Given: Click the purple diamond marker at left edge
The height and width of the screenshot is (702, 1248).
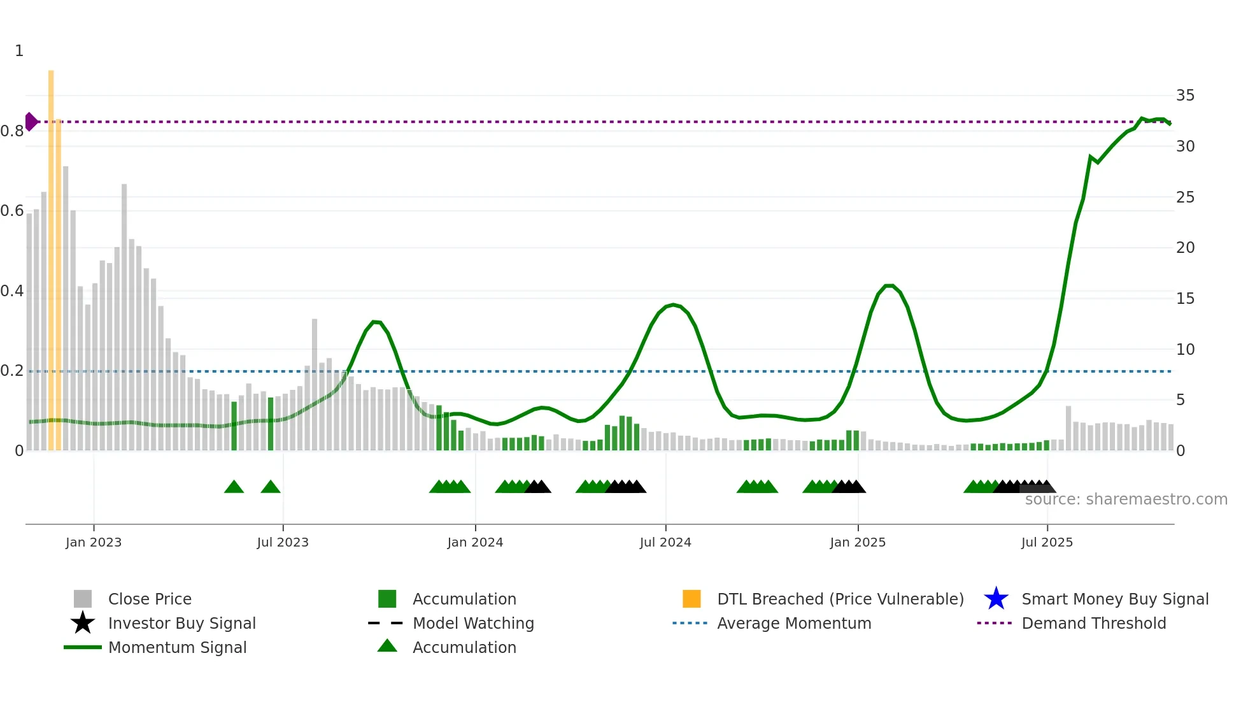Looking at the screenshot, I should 31,121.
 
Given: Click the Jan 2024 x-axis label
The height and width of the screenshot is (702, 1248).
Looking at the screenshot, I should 475,542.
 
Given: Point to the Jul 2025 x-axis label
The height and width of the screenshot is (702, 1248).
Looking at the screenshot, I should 1047,542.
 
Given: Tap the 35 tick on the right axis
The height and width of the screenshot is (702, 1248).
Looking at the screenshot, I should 1185,96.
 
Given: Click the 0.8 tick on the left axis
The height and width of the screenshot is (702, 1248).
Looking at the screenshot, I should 13,131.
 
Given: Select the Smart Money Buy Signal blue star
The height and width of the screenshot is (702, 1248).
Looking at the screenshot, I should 996,599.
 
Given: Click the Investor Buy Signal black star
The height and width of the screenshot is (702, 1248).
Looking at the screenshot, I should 83,623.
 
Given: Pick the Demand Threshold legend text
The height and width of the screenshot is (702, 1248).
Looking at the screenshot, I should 1093,623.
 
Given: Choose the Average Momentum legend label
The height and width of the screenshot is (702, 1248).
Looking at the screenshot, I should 794,623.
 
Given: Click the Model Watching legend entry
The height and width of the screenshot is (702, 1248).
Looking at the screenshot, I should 473,623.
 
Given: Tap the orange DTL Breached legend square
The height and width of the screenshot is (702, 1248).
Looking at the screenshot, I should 691,599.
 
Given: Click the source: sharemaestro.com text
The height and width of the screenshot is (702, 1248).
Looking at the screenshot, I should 1126,499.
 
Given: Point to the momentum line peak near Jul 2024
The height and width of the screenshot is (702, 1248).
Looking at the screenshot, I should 674,304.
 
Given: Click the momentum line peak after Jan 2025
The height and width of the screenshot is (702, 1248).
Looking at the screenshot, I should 890,285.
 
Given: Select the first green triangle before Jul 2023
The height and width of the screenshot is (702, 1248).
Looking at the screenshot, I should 234,487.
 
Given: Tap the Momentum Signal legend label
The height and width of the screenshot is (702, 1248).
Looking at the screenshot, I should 177,647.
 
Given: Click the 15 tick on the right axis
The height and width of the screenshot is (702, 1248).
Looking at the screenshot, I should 1185,298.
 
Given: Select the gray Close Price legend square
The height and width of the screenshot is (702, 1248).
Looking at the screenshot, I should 83,599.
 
